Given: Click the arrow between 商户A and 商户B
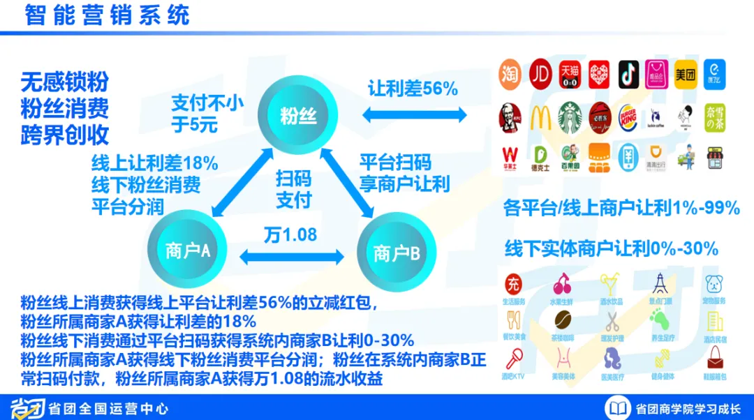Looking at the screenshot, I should [292, 257].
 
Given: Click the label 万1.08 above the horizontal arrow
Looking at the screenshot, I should [290, 234].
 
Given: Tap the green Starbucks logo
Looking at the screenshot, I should [570, 117].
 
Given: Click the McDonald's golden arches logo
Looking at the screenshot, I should [540, 117].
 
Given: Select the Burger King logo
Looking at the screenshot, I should [628, 117].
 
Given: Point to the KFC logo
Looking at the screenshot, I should [511, 117].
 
